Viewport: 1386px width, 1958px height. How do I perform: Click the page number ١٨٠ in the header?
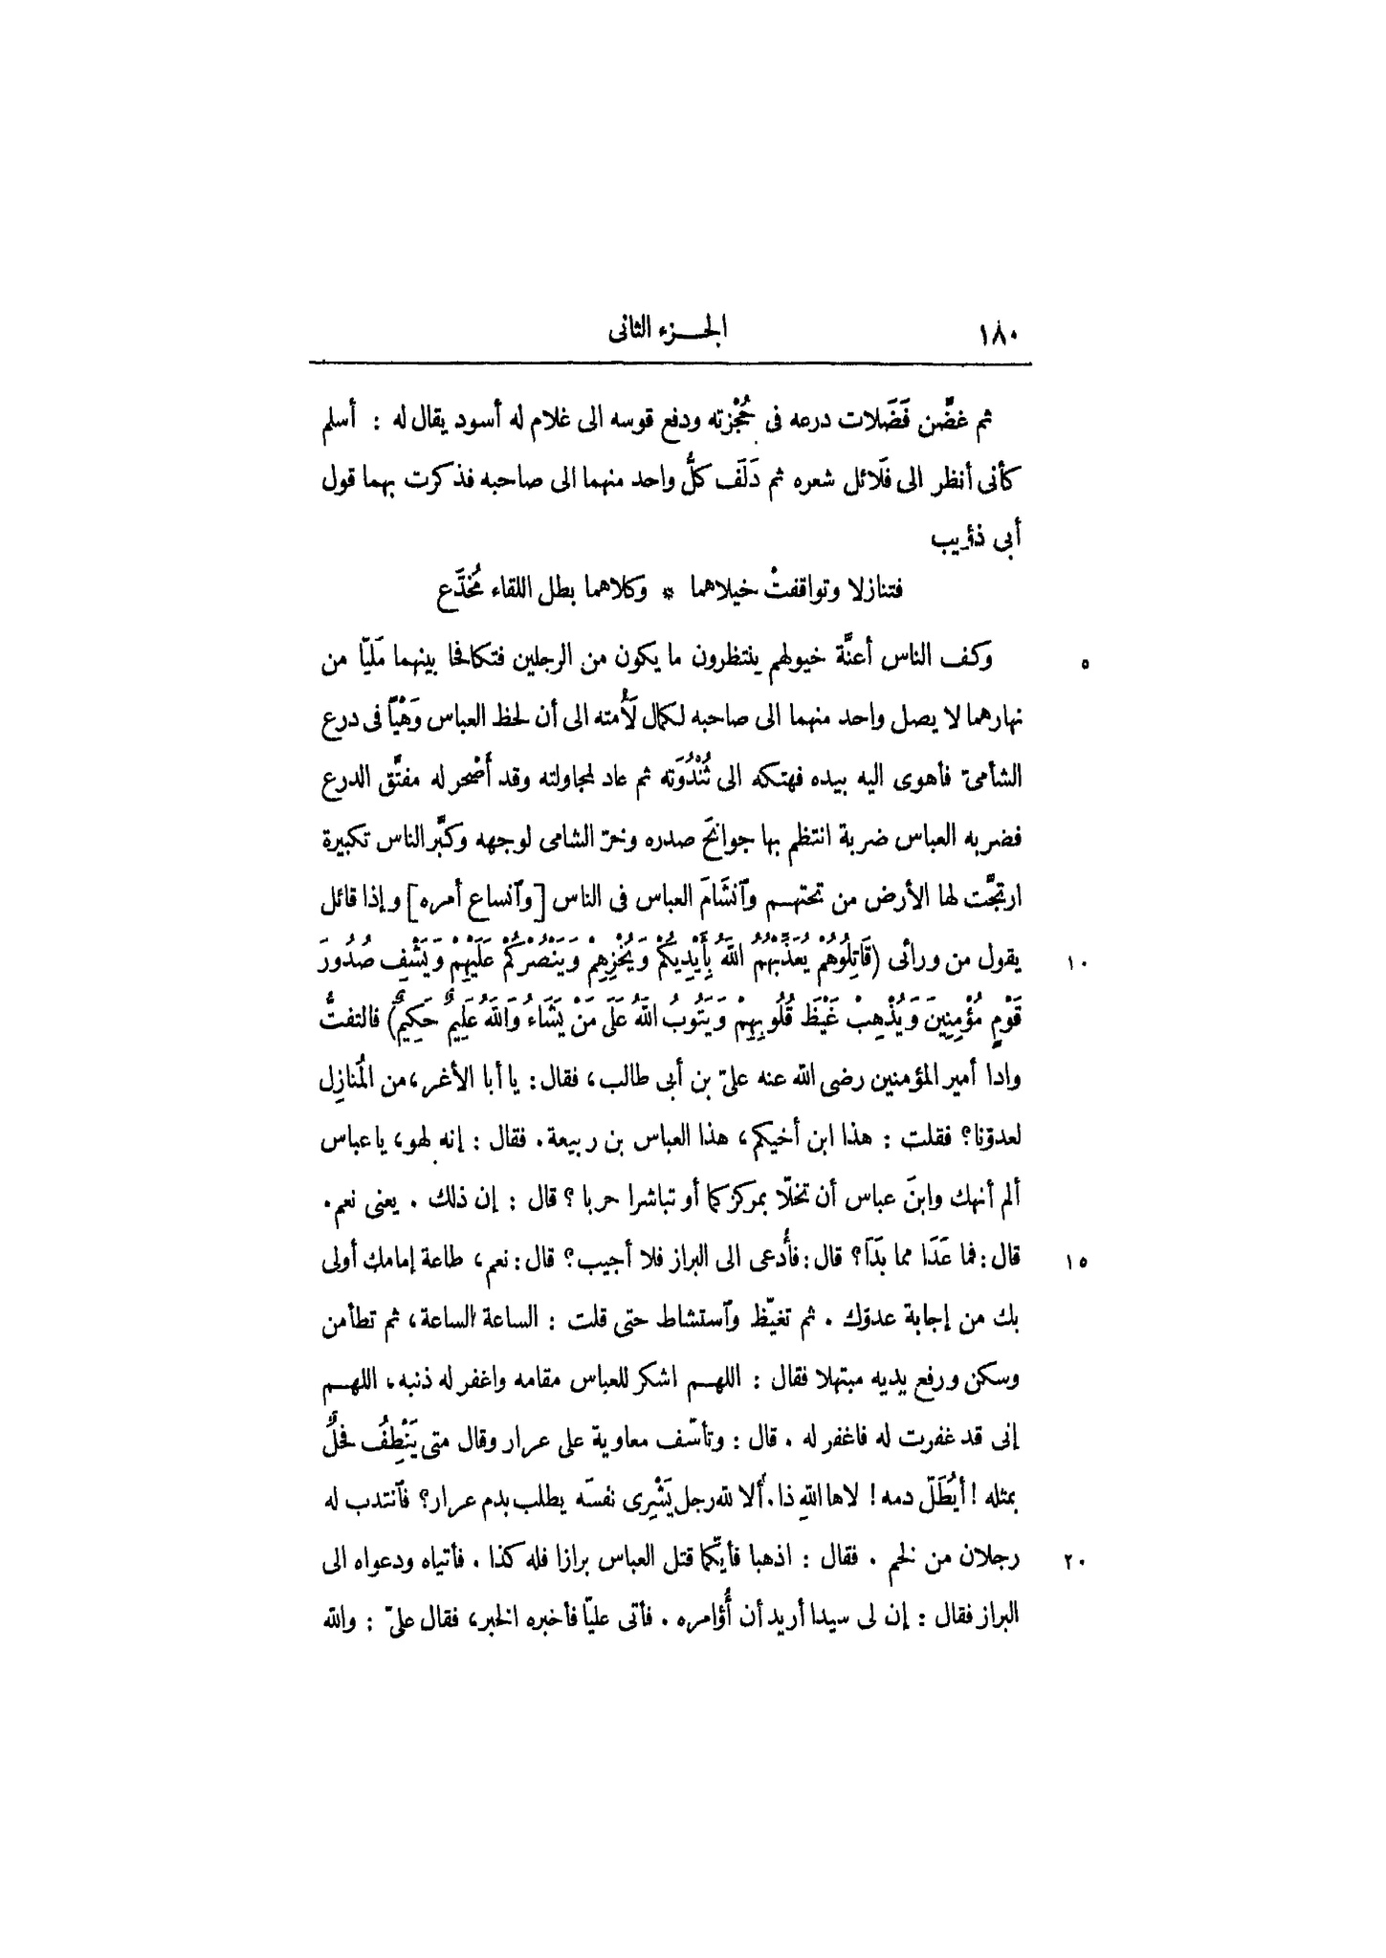(999, 338)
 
